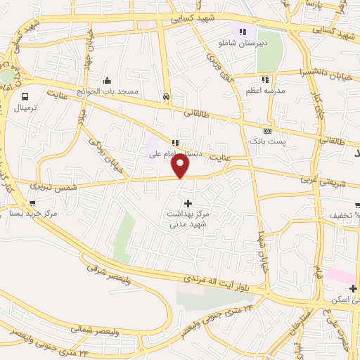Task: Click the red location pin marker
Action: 181,166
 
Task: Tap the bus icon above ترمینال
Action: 25,96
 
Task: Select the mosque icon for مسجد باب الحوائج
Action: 107,80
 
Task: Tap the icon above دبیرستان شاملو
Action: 243,31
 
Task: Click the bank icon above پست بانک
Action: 267,131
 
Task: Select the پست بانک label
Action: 271,143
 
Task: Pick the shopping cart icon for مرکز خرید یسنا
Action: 32,203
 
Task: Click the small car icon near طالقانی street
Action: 165,97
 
